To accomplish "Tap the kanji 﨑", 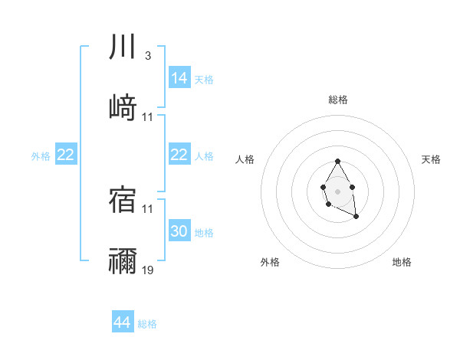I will pyautogui.click(x=123, y=108).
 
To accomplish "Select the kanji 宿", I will pyautogui.click(x=123, y=198).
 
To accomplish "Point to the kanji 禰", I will pyautogui.click(x=123, y=261).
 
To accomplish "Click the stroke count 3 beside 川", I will pyautogui.click(x=147, y=56).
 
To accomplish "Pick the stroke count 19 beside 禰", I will pyautogui.click(x=148, y=270).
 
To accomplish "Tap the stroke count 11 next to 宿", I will pyautogui.click(x=148, y=208).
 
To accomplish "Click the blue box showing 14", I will pyautogui.click(x=179, y=77).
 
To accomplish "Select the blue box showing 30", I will pyautogui.click(x=179, y=231).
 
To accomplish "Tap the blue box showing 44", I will pyautogui.click(x=123, y=322).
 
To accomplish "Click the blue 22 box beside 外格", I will pyautogui.click(x=65, y=155).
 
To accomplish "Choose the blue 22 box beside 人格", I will pyautogui.click(x=179, y=155).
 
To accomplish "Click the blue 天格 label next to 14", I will pyautogui.click(x=204, y=79).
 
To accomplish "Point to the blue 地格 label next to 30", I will pyautogui.click(x=204, y=232).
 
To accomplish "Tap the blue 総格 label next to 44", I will pyautogui.click(x=147, y=324).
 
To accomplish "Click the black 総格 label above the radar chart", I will pyautogui.click(x=338, y=100).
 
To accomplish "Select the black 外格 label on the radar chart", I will pyautogui.click(x=270, y=262).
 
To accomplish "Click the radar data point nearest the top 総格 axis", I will pyautogui.click(x=337, y=161).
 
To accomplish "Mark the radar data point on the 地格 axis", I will pyautogui.click(x=356, y=217).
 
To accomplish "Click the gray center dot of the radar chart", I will pyautogui.click(x=337, y=190).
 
